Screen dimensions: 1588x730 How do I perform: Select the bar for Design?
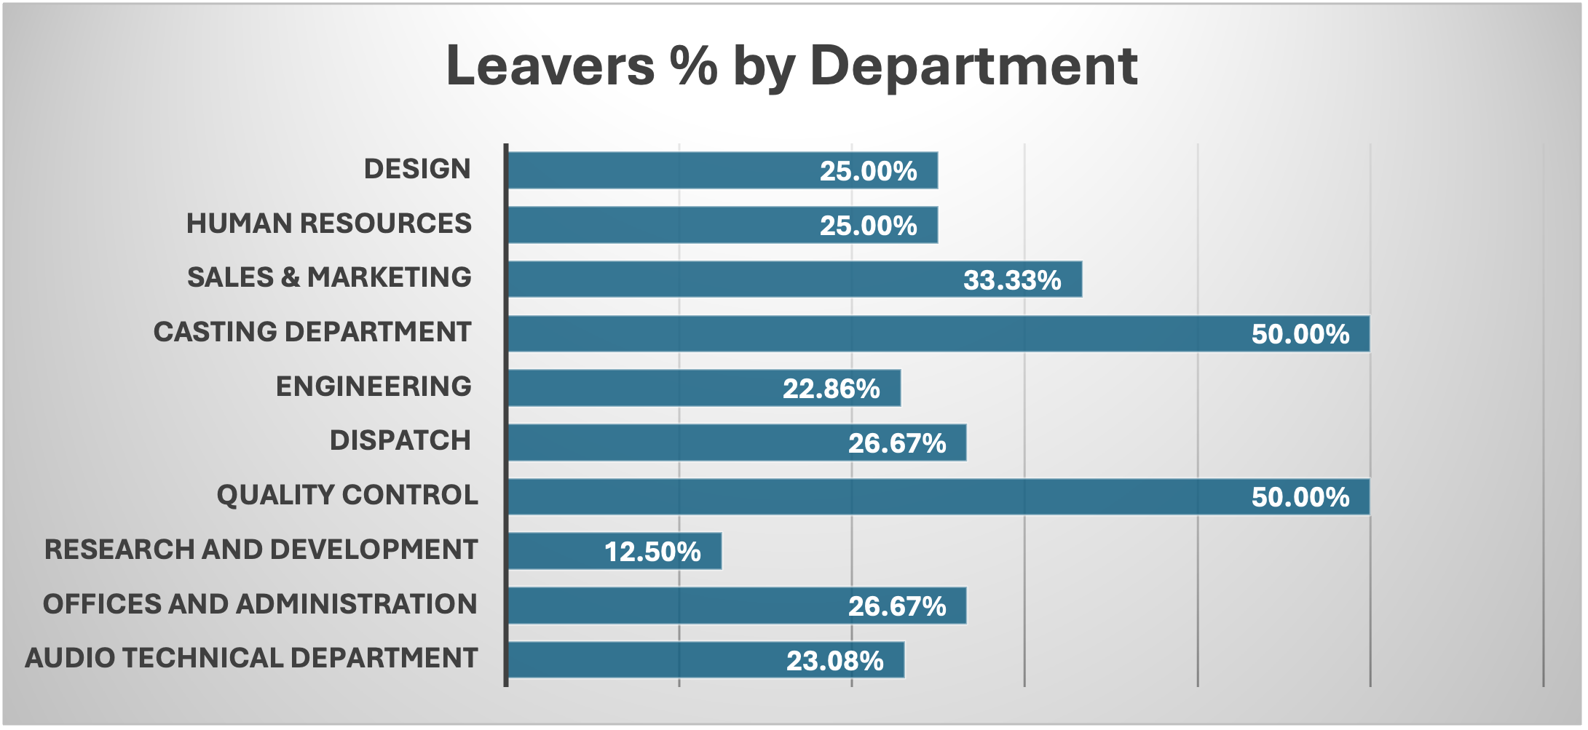[x=722, y=170]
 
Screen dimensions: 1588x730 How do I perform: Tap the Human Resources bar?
[x=722, y=225]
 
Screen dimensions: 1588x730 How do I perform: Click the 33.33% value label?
[x=1012, y=280]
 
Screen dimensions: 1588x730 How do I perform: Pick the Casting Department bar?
[x=939, y=333]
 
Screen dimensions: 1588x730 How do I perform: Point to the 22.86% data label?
[x=831, y=389]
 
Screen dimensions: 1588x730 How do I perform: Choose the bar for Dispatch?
[x=737, y=443]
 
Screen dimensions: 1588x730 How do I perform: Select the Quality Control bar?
[x=939, y=496]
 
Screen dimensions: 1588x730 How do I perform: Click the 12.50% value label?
[x=652, y=552]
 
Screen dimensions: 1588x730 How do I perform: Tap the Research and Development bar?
[x=615, y=551]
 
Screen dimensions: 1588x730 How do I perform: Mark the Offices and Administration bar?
[x=737, y=606]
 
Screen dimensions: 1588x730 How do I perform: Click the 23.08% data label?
[x=835, y=661]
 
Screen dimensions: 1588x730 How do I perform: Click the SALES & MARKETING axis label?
[x=329, y=277]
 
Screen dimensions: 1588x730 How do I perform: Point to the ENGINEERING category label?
[x=374, y=386]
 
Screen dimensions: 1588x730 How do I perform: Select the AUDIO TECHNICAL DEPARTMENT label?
[x=251, y=658]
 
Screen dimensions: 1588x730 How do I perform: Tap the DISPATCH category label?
[x=400, y=440]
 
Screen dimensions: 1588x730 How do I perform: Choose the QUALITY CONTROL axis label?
[x=347, y=495]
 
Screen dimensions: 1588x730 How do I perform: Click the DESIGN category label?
[x=417, y=169]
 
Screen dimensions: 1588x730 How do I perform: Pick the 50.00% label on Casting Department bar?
[x=1300, y=334]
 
